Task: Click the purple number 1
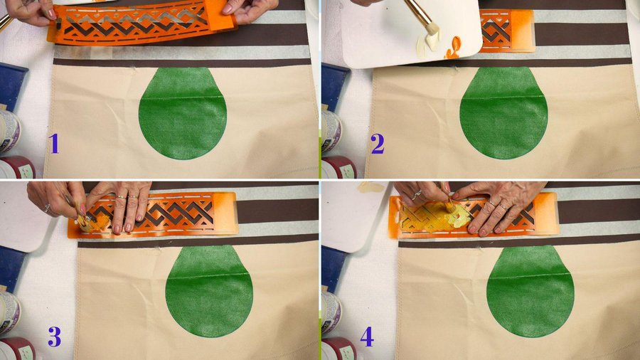pos(54,144)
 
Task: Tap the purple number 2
pos(378,144)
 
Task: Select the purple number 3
pos(54,337)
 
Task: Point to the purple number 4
pos(367,337)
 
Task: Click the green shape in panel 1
pos(183,112)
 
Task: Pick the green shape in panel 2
pos(503,112)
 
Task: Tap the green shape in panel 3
pos(209,292)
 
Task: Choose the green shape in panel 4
pos(530,292)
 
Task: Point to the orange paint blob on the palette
pos(453,48)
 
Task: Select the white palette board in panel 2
pos(410,33)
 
